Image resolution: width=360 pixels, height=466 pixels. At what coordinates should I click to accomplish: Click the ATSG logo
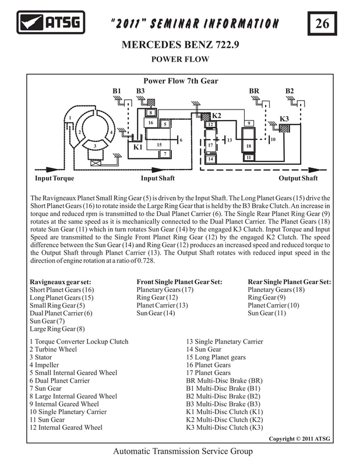(51, 22)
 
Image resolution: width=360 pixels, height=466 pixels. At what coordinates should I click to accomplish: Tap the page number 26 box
(322, 23)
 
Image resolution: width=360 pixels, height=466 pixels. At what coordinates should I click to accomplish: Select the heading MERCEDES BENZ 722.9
(180, 45)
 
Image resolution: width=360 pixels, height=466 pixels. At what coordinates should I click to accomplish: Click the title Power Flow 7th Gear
(181, 81)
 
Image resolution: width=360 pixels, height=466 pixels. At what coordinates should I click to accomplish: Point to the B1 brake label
(117, 91)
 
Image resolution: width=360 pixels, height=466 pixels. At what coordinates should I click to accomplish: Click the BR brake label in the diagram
(254, 91)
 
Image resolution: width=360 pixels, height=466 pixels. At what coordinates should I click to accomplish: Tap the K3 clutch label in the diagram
(284, 119)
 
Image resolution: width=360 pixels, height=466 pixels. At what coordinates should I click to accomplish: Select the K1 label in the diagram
(137, 147)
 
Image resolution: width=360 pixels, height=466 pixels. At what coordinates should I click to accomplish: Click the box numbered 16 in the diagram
(151, 122)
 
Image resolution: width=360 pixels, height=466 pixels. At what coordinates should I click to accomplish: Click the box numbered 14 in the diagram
(210, 158)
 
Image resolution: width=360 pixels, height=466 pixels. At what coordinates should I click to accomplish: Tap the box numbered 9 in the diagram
(249, 123)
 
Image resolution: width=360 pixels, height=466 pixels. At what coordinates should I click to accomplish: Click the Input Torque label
(55, 178)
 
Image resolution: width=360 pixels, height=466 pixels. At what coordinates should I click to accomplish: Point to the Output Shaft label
(298, 178)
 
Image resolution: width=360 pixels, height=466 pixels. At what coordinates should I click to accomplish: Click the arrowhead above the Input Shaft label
(157, 170)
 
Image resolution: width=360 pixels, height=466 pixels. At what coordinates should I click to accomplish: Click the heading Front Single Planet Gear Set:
(179, 282)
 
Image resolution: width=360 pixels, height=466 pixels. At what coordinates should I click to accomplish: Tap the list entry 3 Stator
(41, 357)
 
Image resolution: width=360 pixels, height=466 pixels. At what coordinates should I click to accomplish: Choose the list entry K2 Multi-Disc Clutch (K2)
(224, 419)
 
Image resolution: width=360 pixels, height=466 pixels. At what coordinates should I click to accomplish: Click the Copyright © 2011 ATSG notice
(299, 439)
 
